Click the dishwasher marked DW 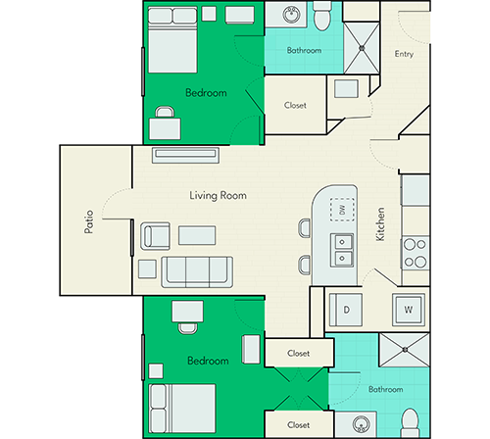pyautogui.click(x=342, y=210)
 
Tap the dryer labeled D pyautogui.click(x=346, y=310)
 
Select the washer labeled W pyautogui.click(x=409, y=310)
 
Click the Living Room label pyautogui.click(x=218, y=195)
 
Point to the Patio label pyautogui.click(x=89, y=221)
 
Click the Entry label pyautogui.click(x=404, y=54)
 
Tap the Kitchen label pyautogui.click(x=380, y=224)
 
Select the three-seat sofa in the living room pyautogui.click(x=197, y=272)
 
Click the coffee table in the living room pyautogui.click(x=197, y=235)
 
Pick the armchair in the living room pyautogui.click(x=155, y=236)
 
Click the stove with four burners pyautogui.click(x=416, y=253)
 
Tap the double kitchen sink pyautogui.click(x=342, y=250)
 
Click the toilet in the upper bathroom pyautogui.click(x=322, y=16)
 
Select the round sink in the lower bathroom pyautogui.click(x=361, y=424)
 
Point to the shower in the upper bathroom pyautogui.click(x=362, y=48)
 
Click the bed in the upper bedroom pyautogui.click(x=172, y=40)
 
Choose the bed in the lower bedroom pyautogui.click(x=182, y=409)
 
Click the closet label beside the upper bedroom pyautogui.click(x=295, y=105)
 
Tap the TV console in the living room pyautogui.click(x=185, y=155)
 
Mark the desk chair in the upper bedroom pyautogui.click(x=165, y=112)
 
